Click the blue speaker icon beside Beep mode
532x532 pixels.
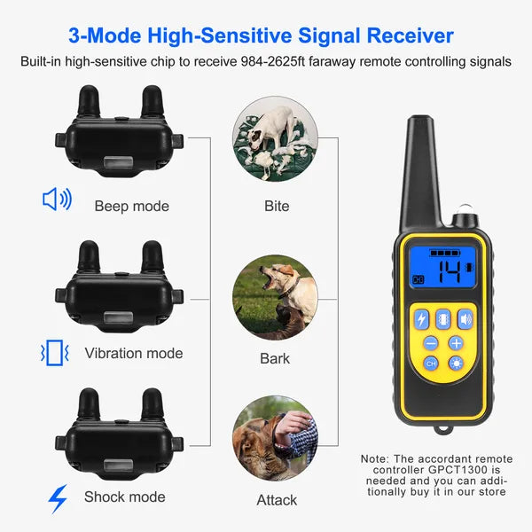57,199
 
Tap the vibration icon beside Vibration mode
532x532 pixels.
56,353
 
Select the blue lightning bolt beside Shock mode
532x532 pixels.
58,499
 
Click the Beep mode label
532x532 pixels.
132,206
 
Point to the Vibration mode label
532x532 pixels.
134,353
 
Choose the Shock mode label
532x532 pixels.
125,497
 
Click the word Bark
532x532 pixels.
275,359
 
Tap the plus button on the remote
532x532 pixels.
456,342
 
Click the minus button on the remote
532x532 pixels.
431,342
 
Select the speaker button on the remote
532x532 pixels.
465,318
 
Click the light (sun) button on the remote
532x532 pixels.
456,364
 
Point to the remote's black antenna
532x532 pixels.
423,168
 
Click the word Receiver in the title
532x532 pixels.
399,36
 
